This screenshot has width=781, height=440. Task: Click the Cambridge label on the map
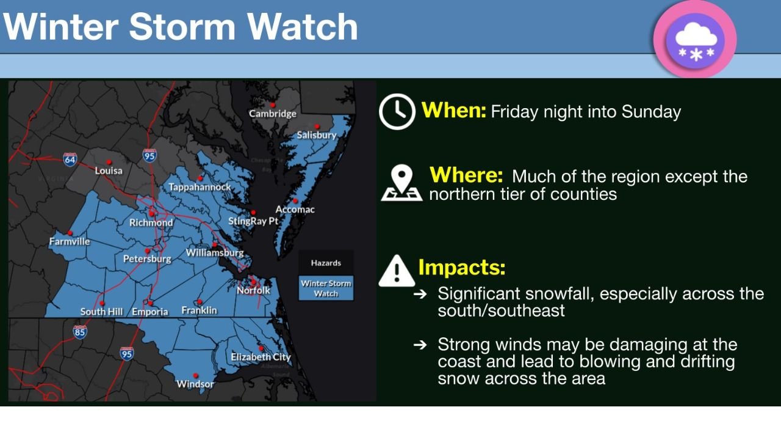(272, 114)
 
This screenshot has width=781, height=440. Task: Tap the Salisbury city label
(316, 135)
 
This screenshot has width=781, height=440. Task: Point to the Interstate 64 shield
(70, 160)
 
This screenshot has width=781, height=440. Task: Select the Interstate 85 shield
(79, 332)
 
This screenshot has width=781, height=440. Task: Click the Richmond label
(151, 223)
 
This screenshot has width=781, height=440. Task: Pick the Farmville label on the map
(70, 242)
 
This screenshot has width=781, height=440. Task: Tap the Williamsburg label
(214, 252)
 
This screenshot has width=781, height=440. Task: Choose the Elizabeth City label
(261, 357)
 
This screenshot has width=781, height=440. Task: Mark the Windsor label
(195, 384)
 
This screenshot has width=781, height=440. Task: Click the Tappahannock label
(200, 187)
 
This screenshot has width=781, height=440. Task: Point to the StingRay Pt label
(253, 221)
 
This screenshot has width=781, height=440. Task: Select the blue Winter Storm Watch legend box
(326, 288)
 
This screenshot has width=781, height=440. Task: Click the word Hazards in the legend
(326, 263)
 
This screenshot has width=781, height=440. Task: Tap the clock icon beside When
(397, 112)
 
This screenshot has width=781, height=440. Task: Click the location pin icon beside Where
(401, 183)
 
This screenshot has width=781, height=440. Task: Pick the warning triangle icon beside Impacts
(397, 271)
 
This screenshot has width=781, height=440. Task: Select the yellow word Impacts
(461, 268)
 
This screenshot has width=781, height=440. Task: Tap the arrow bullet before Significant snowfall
(420, 294)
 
